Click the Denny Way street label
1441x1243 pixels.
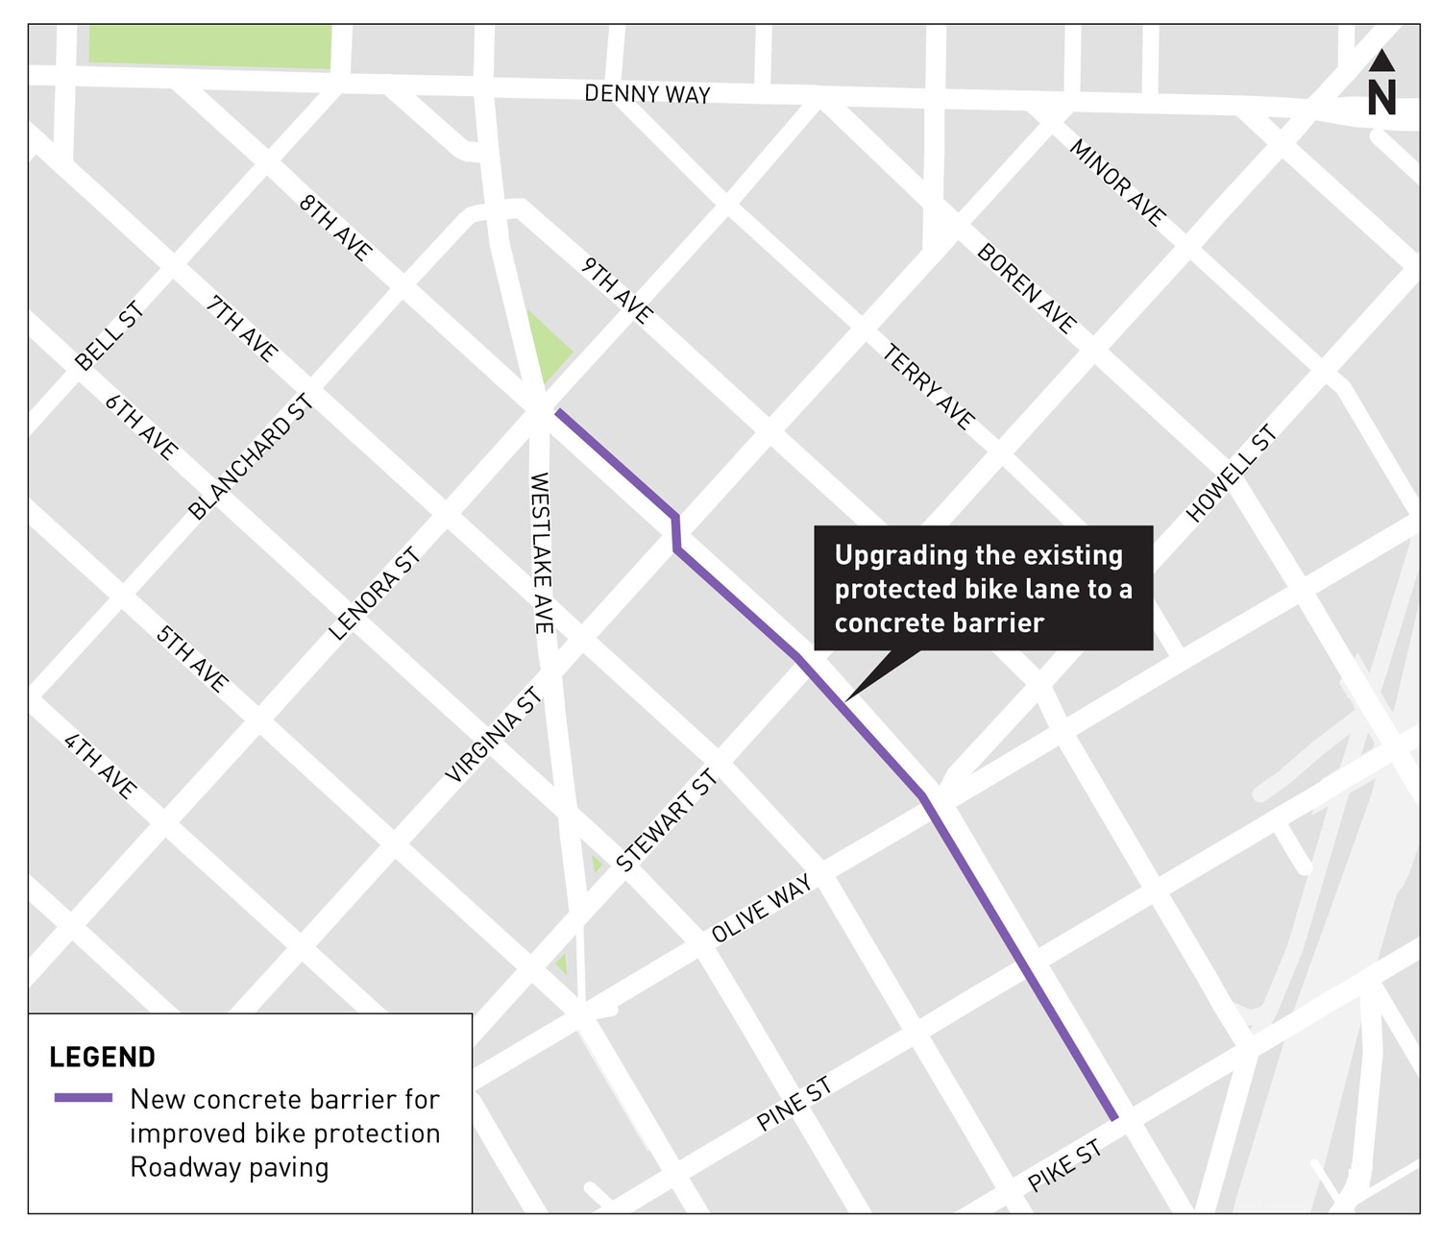(647, 93)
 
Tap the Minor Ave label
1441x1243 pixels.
(1117, 183)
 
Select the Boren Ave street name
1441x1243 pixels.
(1026, 287)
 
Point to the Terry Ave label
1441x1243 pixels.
(928, 387)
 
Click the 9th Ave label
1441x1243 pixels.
(617, 291)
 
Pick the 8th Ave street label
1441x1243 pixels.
(335, 228)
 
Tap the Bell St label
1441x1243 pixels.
(110, 335)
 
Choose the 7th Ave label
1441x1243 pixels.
(242, 328)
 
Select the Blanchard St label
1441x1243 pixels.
(252, 457)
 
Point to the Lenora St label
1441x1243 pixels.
(375, 594)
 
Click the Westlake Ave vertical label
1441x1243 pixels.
(541, 552)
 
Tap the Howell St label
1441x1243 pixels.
(1232, 475)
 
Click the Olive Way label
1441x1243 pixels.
(762, 908)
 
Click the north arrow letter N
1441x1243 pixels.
(1381, 97)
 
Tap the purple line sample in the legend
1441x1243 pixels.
(84, 1098)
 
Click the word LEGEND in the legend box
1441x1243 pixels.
(103, 1057)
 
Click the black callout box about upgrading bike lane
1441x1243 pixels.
(983, 588)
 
